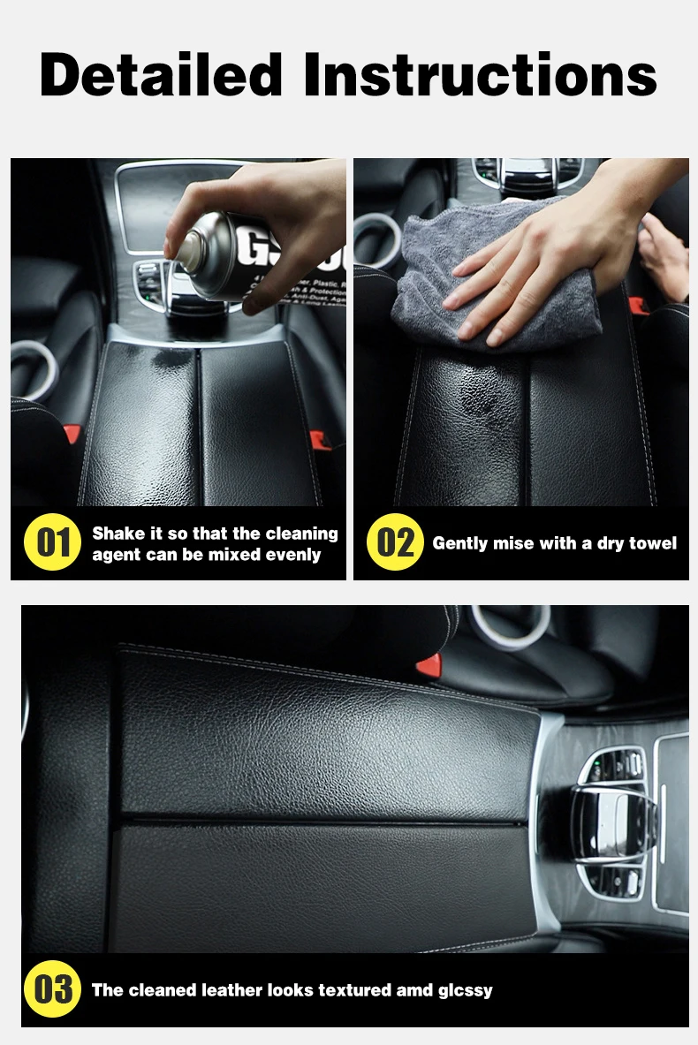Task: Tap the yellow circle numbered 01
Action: [52, 542]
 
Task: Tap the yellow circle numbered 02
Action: [395, 542]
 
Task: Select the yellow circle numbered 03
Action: [52, 989]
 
